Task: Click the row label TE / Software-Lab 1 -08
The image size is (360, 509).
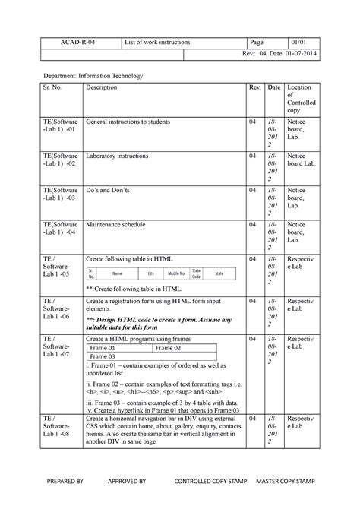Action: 60,428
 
